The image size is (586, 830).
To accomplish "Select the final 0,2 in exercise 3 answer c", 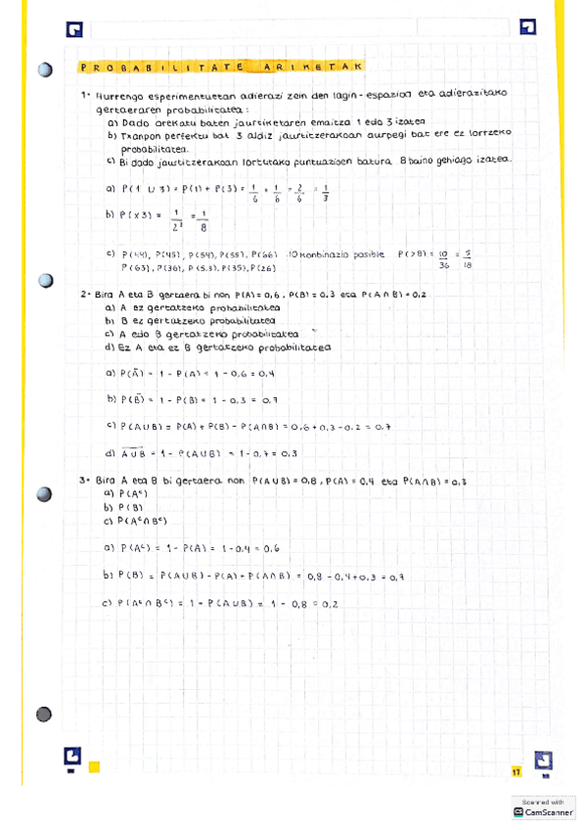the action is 329,604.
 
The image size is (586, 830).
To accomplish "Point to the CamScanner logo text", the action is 548,811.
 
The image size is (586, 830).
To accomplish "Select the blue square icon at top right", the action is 528,26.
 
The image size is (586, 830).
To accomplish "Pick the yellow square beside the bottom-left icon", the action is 95,766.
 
